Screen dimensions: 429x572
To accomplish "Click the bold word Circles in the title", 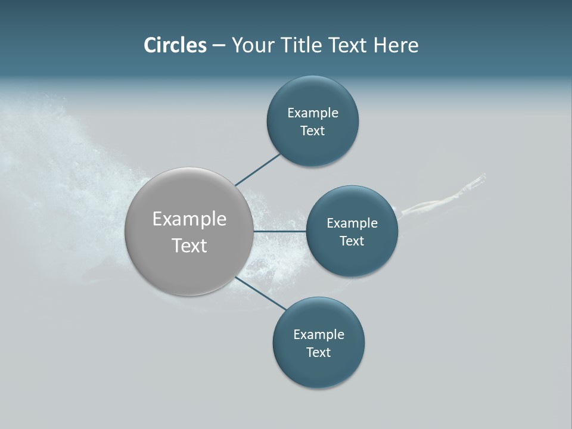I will (x=175, y=45).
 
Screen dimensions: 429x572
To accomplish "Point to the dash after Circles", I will (x=219, y=46).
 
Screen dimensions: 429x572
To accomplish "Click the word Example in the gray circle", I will (x=189, y=219).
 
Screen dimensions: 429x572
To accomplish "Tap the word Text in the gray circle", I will (x=189, y=245).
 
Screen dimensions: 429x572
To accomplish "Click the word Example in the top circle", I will (x=313, y=113).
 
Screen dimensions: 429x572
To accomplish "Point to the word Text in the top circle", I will (x=313, y=131).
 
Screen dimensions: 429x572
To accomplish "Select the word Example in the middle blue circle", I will (x=352, y=223).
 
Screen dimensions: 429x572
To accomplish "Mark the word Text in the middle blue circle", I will (x=352, y=241).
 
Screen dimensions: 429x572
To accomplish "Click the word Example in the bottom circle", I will (x=319, y=335).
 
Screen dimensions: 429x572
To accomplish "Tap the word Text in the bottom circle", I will (x=319, y=353).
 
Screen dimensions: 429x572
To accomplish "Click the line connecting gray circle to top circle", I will (x=257, y=169).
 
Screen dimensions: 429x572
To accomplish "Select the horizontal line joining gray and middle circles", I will (x=279, y=231).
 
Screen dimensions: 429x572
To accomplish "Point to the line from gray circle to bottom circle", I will (x=261, y=293).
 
